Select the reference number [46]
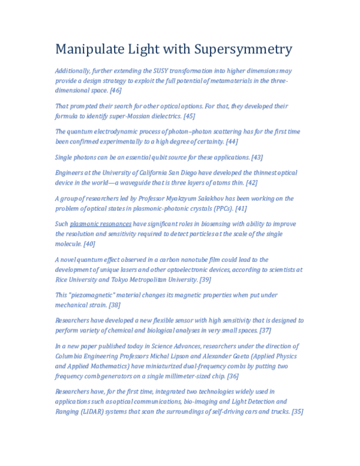tap(115, 90)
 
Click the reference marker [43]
tap(256, 157)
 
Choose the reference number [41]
tap(241, 208)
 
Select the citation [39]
tap(205, 279)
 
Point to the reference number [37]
tap(265, 330)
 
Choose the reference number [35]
tap(296, 411)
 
